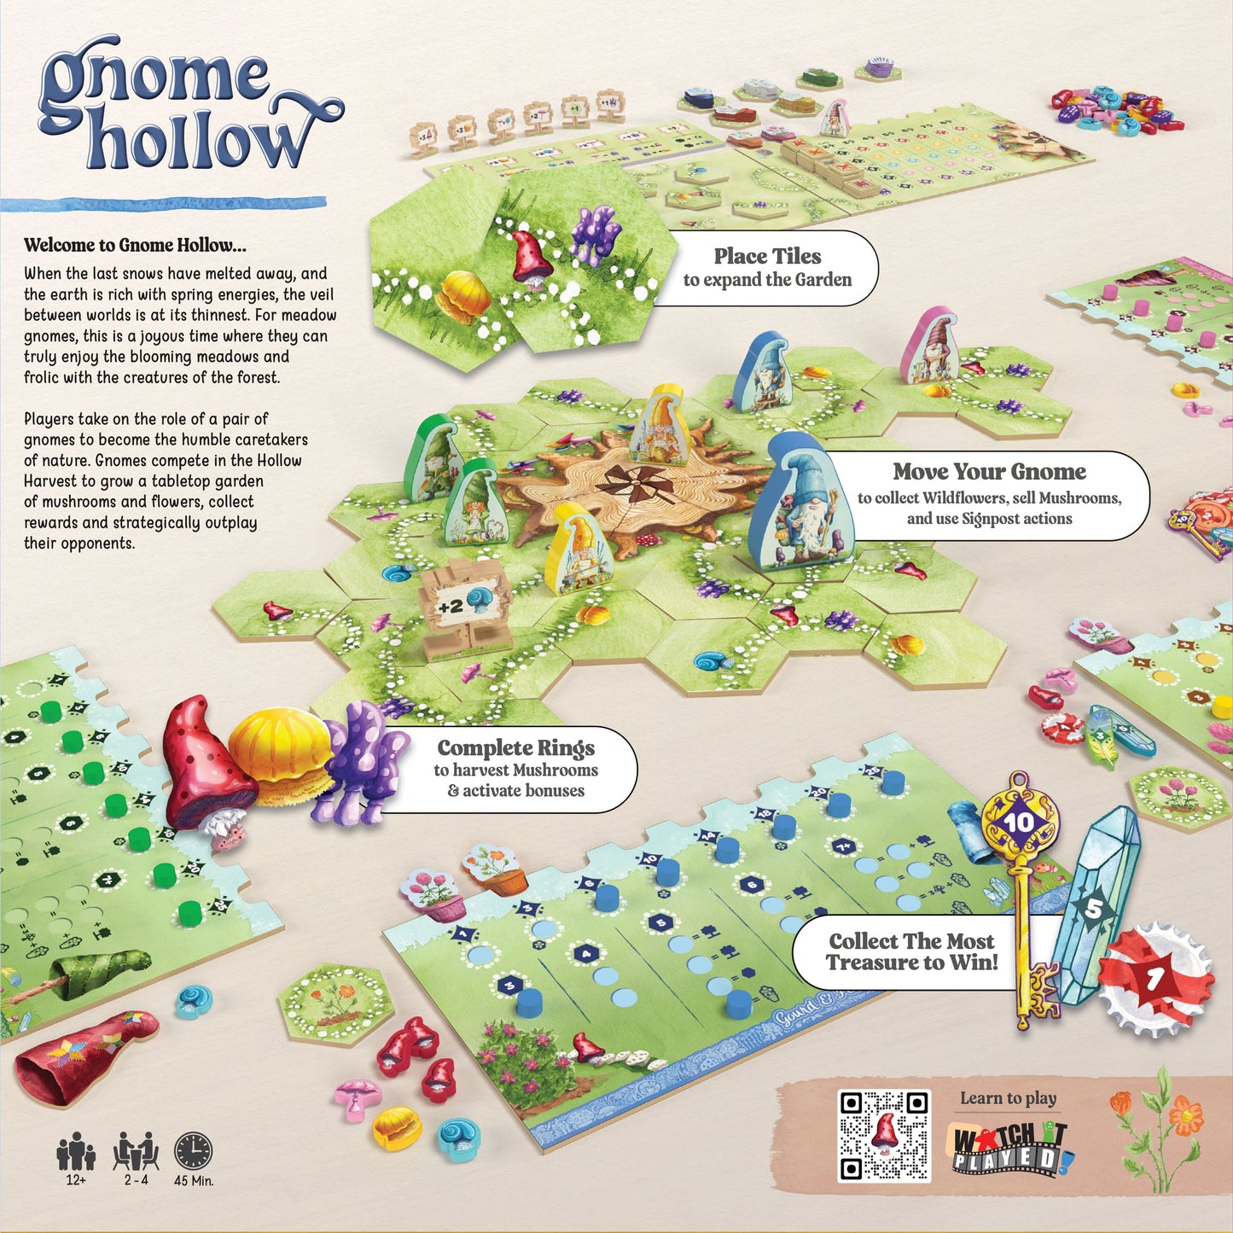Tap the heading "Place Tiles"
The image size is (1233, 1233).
click(x=767, y=256)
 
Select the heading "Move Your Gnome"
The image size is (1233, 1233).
click(x=989, y=472)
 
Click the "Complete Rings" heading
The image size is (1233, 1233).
click(x=516, y=748)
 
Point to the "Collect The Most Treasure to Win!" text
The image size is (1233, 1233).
click(x=911, y=951)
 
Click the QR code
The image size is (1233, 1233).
click(x=884, y=1136)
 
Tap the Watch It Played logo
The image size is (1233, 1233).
click(x=1010, y=1149)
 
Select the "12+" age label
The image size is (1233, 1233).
click(x=76, y=1181)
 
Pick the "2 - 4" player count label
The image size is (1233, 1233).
click(x=136, y=1181)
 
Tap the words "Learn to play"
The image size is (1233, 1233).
click(x=1008, y=1098)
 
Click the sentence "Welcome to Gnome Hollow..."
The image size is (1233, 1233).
click(x=135, y=246)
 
